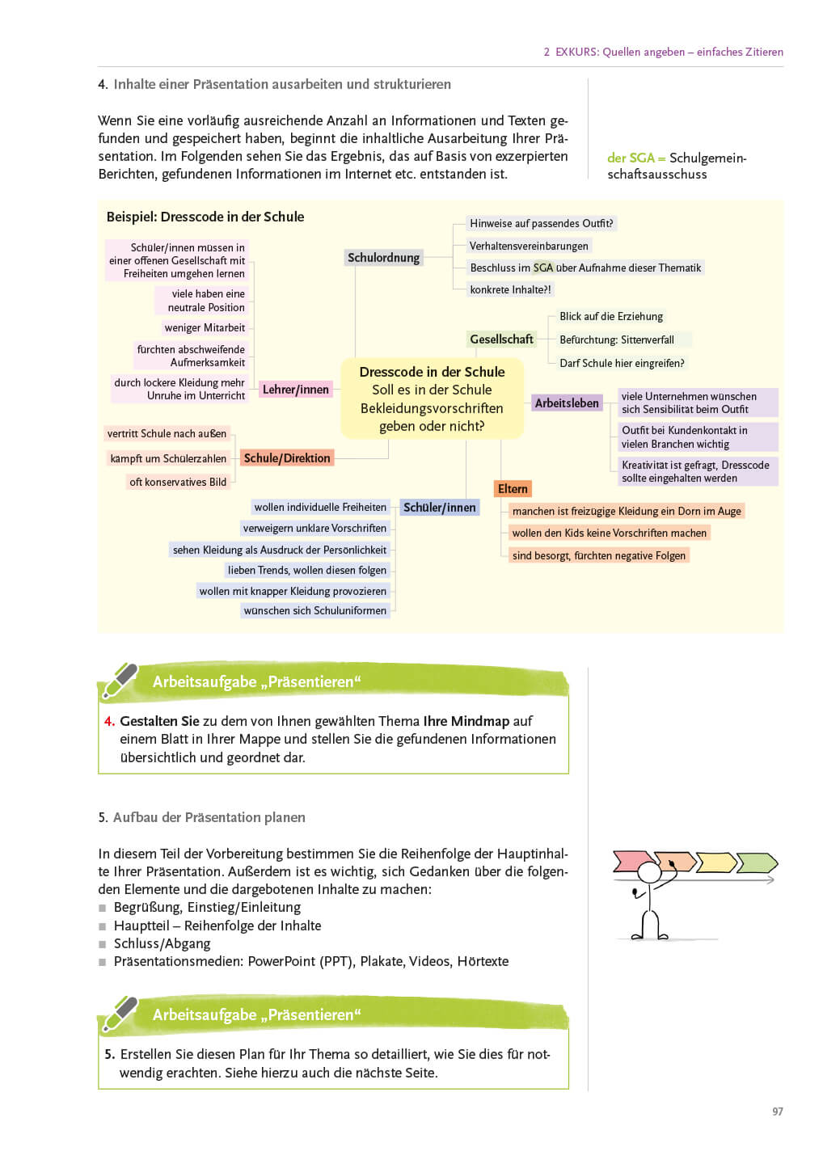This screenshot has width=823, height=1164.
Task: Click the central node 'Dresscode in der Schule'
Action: [432, 399]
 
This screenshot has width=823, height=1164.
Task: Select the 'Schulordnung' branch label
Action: [383, 258]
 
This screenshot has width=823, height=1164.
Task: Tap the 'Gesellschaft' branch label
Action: [501, 339]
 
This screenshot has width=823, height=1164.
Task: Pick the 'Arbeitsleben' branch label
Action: [567, 403]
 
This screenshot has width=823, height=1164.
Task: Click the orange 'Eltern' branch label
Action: [513, 489]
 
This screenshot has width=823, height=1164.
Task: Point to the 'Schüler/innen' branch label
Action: [440, 508]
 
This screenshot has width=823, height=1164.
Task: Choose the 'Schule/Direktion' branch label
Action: [287, 458]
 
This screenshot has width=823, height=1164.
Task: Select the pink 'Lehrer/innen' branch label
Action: [295, 390]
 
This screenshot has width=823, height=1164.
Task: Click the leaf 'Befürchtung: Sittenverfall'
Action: [616, 340]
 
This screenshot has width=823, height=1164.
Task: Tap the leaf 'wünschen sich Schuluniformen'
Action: [315, 611]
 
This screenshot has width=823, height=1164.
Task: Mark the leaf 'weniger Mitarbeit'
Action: [205, 328]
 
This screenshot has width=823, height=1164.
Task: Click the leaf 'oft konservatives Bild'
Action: [178, 483]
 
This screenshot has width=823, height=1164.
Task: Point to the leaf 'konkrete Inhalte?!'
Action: [510, 290]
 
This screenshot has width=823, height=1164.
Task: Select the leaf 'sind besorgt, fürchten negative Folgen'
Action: [598, 556]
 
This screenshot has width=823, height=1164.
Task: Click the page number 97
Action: [777, 1112]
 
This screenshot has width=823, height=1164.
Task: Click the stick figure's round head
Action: [649, 872]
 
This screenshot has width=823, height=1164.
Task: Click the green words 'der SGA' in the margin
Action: [630, 158]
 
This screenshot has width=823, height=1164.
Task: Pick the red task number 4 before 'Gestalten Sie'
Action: [109, 721]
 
